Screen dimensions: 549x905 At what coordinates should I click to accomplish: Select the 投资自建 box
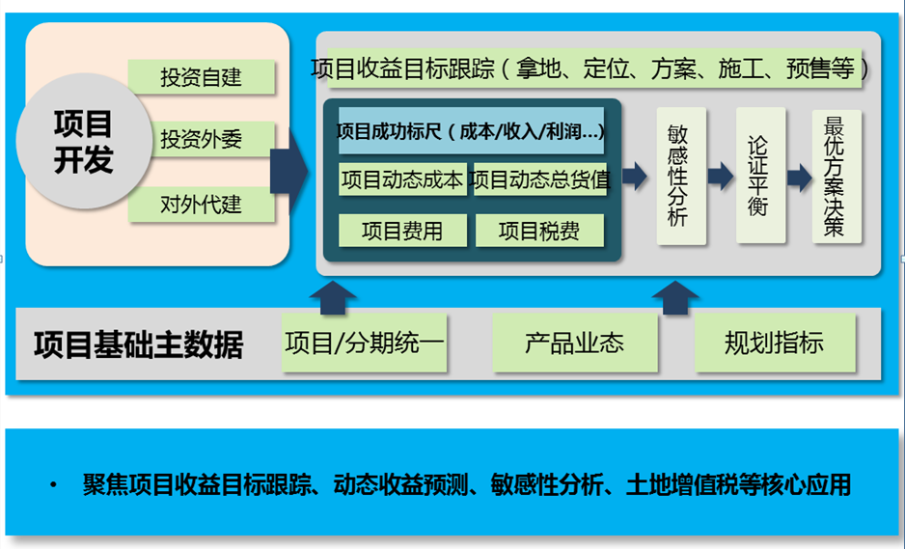pyautogui.click(x=201, y=77)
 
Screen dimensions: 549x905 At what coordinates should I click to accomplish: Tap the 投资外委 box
pyautogui.click(x=201, y=140)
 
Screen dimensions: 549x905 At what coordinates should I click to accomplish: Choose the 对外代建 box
pyautogui.click(x=201, y=205)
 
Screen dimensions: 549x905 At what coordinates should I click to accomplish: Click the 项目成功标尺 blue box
pyautogui.click(x=471, y=130)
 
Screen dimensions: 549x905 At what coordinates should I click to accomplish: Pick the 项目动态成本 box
pyautogui.click(x=402, y=179)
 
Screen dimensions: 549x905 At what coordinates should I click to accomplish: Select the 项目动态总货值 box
pyautogui.click(x=539, y=179)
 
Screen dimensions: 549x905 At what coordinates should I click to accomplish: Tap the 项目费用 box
pyautogui.click(x=402, y=231)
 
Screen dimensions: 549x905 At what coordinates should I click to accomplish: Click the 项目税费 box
pyautogui.click(x=539, y=231)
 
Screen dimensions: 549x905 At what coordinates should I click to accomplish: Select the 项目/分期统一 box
pyautogui.click(x=365, y=343)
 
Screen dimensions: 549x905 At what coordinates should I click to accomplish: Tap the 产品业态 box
pyautogui.click(x=575, y=343)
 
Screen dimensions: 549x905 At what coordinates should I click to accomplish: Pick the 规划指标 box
pyautogui.click(x=775, y=343)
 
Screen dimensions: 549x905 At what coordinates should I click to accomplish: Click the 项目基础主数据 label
pyautogui.click(x=139, y=344)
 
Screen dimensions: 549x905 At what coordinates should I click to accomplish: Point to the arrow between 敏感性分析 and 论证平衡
pyautogui.click(x=720, y=176)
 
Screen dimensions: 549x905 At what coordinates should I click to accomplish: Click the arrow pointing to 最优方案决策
pyautogui.click(x=799, y=177)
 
